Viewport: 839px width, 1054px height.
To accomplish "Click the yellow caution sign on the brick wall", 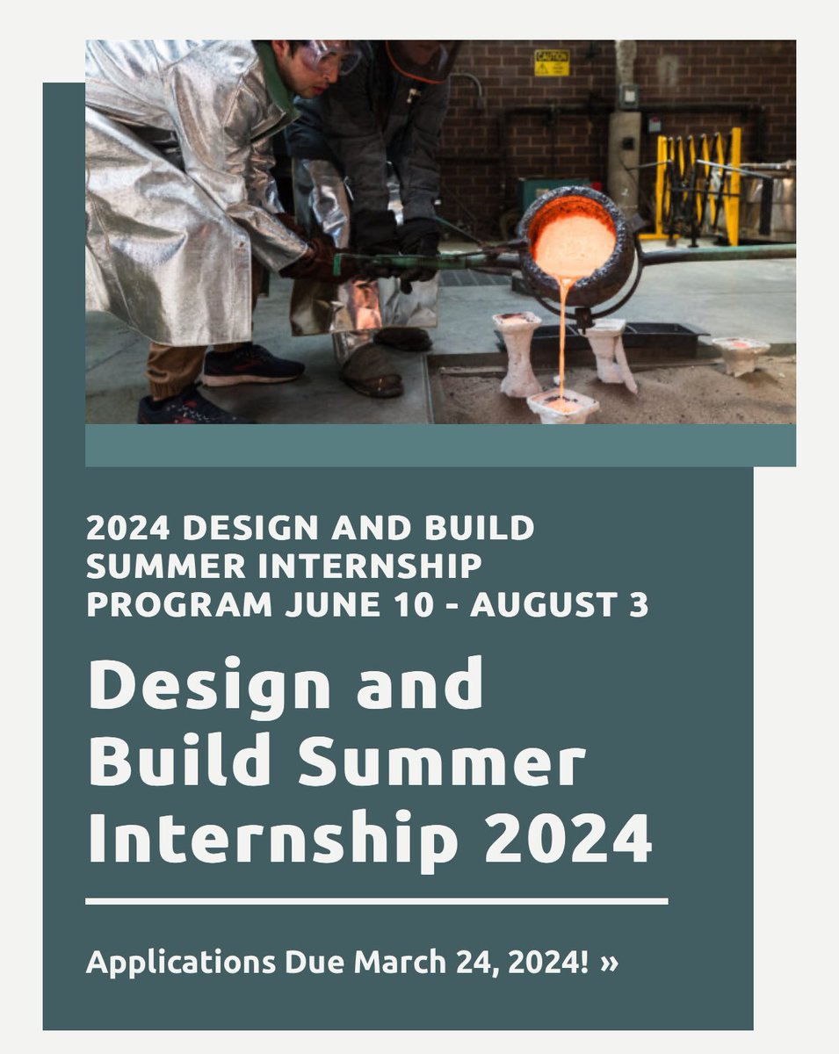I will pyautogui.click(x=552, y=62).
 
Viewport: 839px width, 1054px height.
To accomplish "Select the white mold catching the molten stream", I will pyautogui.click(x=562, y=406).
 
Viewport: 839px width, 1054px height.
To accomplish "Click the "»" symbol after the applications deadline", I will pyautogui.click(x=609, y=962).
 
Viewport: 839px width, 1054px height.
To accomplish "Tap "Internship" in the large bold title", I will pyautogui.click(x=272, y=839).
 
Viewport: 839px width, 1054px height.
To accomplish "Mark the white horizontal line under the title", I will pyautogui.click(x=376, y=901).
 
